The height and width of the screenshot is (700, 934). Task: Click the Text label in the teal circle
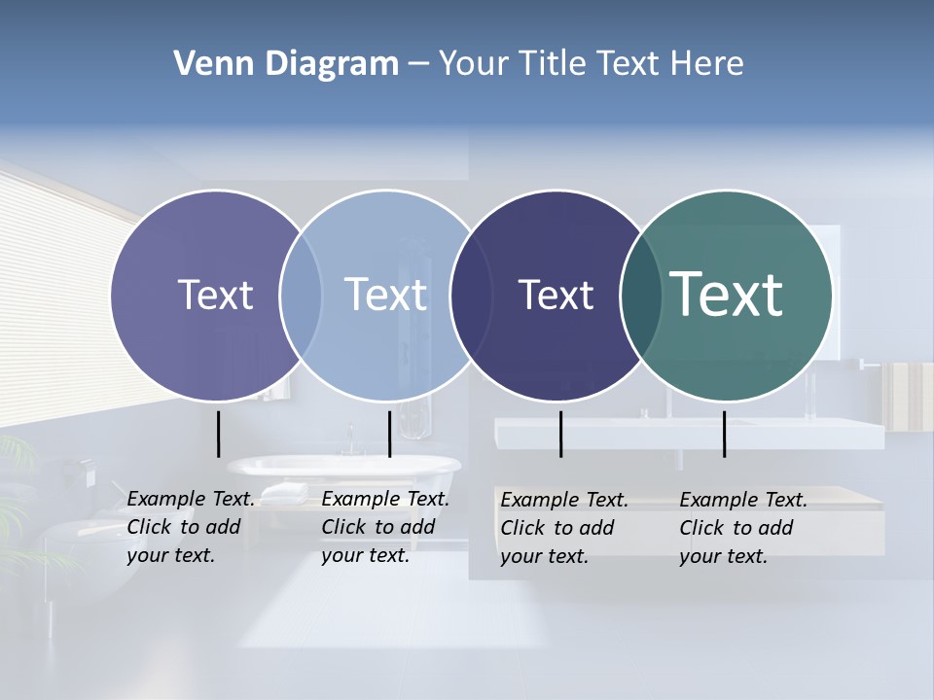click(727, 295)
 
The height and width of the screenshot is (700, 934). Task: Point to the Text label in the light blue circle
click(385, 295)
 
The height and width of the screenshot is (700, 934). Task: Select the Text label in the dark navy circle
click(556, 295)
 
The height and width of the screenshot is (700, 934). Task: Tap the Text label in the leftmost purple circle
click(215, 295)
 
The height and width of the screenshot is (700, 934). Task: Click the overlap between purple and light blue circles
click(301, 295)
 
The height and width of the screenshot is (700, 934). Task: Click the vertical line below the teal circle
click(724, 434)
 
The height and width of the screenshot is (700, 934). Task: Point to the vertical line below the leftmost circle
click(218, 434)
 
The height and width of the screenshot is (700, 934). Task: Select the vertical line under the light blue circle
click(389, 434)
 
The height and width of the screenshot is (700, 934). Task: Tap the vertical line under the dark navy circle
click(560, 434)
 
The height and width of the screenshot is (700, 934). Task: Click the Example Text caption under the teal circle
click(742, 528)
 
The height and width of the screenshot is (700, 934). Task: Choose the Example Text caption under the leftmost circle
click(190, 527)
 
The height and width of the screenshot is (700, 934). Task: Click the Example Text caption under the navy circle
click(563, 528)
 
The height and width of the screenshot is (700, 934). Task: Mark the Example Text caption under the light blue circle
click(384, 527)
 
